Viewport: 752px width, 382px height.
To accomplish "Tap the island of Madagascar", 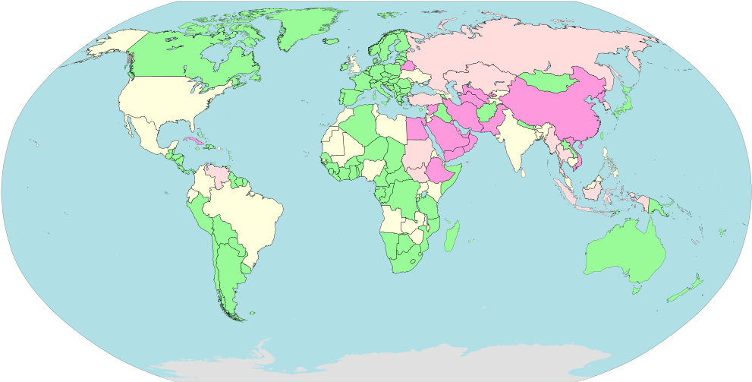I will coord(451,236).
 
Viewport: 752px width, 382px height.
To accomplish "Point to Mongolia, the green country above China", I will coord(550,81).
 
